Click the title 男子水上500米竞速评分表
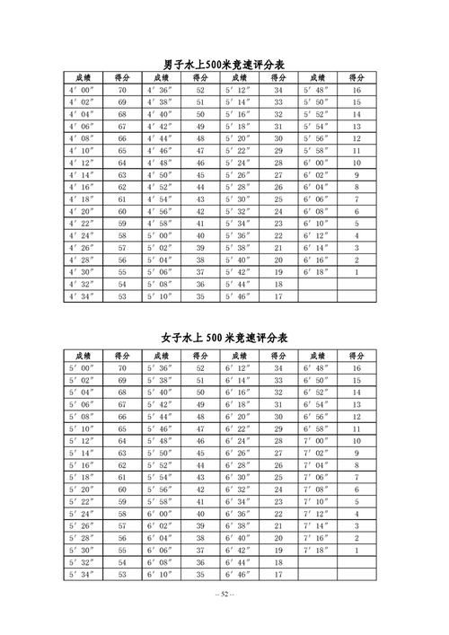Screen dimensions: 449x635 click(224, 65)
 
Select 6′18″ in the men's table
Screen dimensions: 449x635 click(318, 272)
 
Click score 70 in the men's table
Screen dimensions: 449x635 click(122, 91)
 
